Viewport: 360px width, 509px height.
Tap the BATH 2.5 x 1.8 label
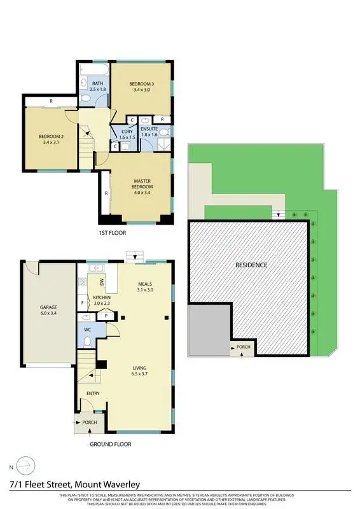pos(97,87)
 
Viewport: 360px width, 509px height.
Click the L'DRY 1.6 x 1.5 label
pos(128,134)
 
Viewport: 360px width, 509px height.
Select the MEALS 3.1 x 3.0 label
pos(146,286)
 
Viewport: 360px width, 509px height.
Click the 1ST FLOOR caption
pos(112,234)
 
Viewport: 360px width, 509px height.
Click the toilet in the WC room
pos(87,342)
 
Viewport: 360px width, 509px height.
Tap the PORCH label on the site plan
pos(243,347)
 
